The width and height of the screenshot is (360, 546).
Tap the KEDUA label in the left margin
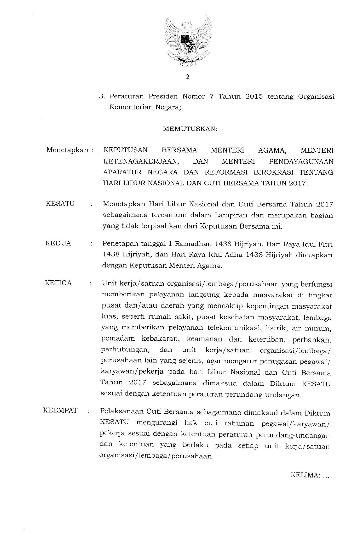point(58,243)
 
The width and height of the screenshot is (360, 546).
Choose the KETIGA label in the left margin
point(58,283)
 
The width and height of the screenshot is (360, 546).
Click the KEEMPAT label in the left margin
point(60,410)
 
